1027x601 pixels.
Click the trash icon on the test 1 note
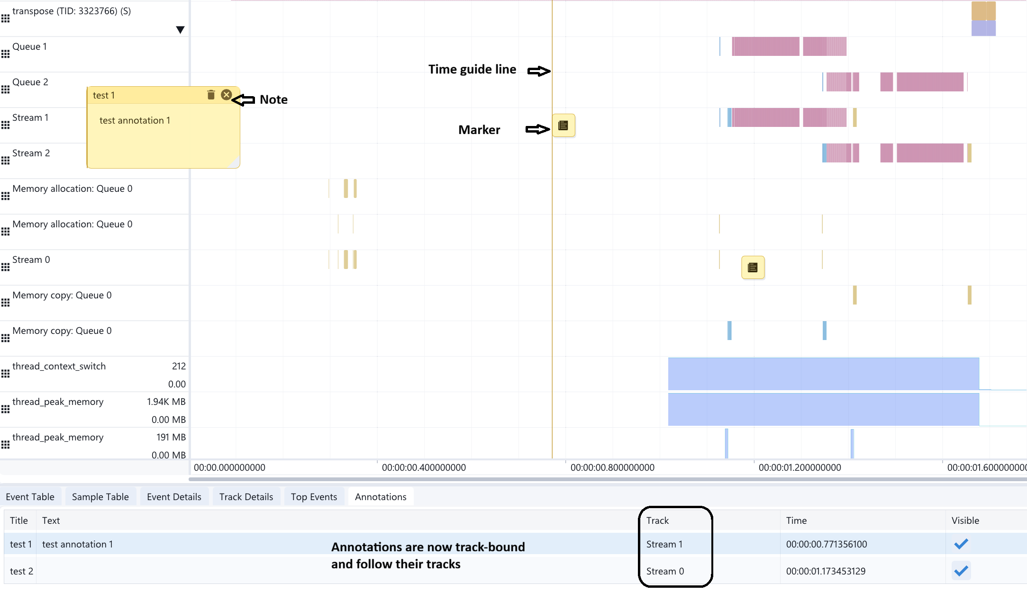(x=211, y=95)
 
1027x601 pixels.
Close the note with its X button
(x=227, y=95)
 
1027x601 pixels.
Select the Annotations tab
(x=381, y=497)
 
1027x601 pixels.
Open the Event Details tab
(x=174, y=497)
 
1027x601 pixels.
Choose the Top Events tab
(x=314, y=497)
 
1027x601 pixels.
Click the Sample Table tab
(x=100, y=497)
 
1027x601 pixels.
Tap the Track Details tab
(x=246, y=497)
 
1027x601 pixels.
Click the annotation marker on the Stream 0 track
(x=753, y=268)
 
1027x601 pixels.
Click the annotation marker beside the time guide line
(x=563, y=126)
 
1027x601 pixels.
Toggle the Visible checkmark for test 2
(x=961, y=571)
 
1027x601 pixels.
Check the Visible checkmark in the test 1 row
(x=961, y=544)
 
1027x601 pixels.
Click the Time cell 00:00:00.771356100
(x=827, y=544)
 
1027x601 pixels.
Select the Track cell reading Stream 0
(x=665, y=571)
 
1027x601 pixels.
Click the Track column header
(x=657, y=520)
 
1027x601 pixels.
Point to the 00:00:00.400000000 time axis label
(x=424, y=467)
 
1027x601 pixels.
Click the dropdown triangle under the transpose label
(x=180, y=30)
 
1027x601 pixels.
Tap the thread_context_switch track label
(x=59, y=366)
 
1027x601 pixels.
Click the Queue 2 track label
(x=30, y=82)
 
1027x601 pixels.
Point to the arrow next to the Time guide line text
(x=539, y=71)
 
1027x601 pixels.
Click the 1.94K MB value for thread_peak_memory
(x=166, y=402)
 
